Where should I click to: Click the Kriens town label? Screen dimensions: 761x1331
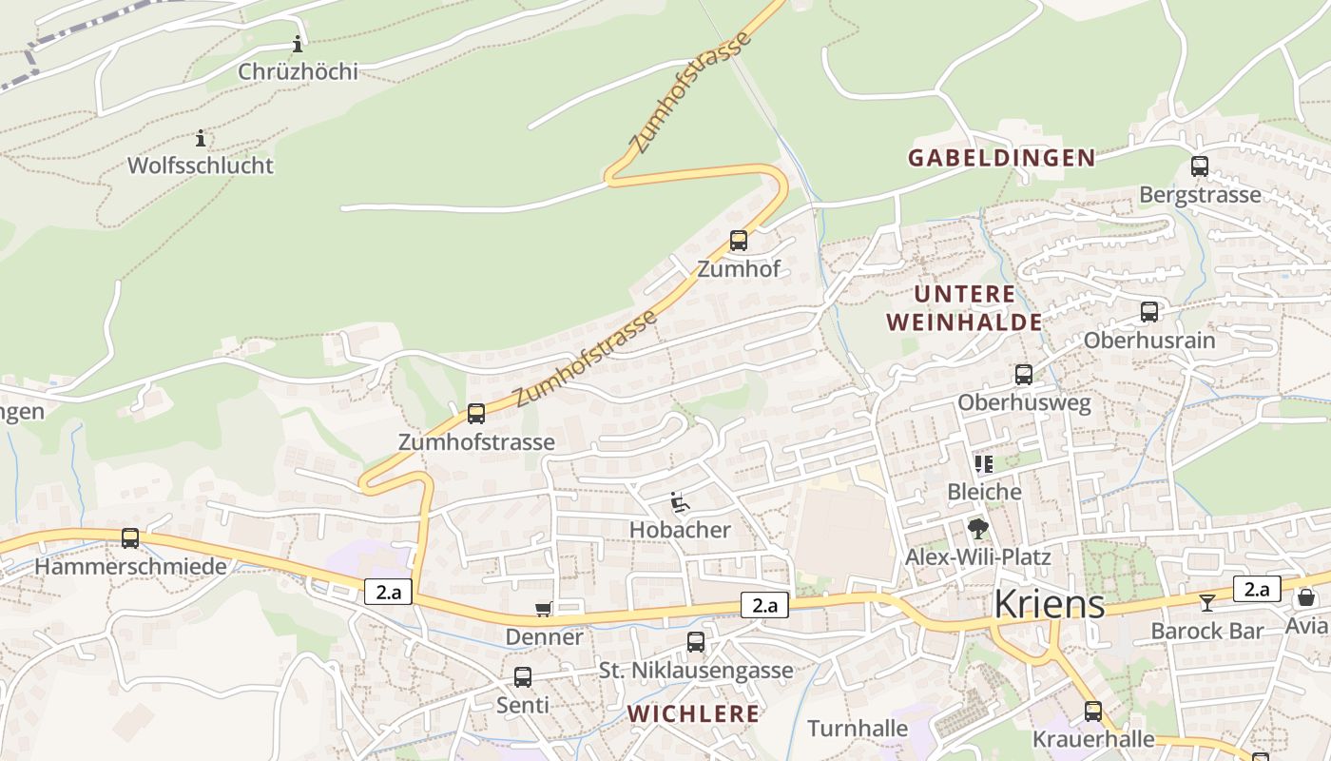pos(1049,604)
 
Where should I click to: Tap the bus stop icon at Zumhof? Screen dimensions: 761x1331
pos(738,241)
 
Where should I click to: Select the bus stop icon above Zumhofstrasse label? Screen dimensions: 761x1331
pos(475,414)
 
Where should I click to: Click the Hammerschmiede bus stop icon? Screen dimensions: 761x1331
pos(130,538)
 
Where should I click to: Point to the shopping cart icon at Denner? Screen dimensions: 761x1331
pos(543,609)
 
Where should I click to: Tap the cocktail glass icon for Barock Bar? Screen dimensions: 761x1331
pos(1206,602)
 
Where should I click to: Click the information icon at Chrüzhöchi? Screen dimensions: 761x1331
pos(298,44)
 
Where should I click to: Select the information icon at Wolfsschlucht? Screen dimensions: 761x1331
pos(201,139)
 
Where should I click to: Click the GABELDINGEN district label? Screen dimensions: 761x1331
pos(1001,158)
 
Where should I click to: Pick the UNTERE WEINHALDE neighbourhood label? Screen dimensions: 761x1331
pos(964,308)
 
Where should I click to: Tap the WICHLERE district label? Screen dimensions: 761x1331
pos(693,713)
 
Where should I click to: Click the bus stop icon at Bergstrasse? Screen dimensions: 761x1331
pos(1199,166)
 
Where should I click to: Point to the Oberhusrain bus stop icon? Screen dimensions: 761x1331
pos(1148,312)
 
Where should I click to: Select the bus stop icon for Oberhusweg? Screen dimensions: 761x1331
pos(1023,375)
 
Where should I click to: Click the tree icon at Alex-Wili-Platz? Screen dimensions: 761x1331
pos(976,529)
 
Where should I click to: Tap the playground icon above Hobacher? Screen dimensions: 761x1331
pos(679,501)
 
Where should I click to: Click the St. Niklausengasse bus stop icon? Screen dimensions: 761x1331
pos(696,642)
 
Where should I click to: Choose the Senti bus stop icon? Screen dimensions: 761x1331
pos(522,677)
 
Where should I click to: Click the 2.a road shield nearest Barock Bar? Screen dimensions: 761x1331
pos(1256,589)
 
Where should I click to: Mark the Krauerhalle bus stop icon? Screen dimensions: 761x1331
pos(1092,711)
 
